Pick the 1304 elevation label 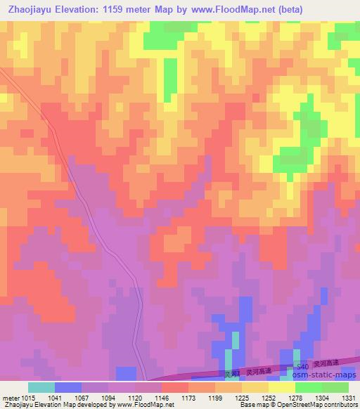pos(319,398)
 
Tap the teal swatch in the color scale pos(41,388)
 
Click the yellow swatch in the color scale pos(281,388)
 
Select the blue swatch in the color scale pos(67,388)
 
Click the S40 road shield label pos(302,368)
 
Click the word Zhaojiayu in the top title pos(30,10)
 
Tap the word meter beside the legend pos(10,398)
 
